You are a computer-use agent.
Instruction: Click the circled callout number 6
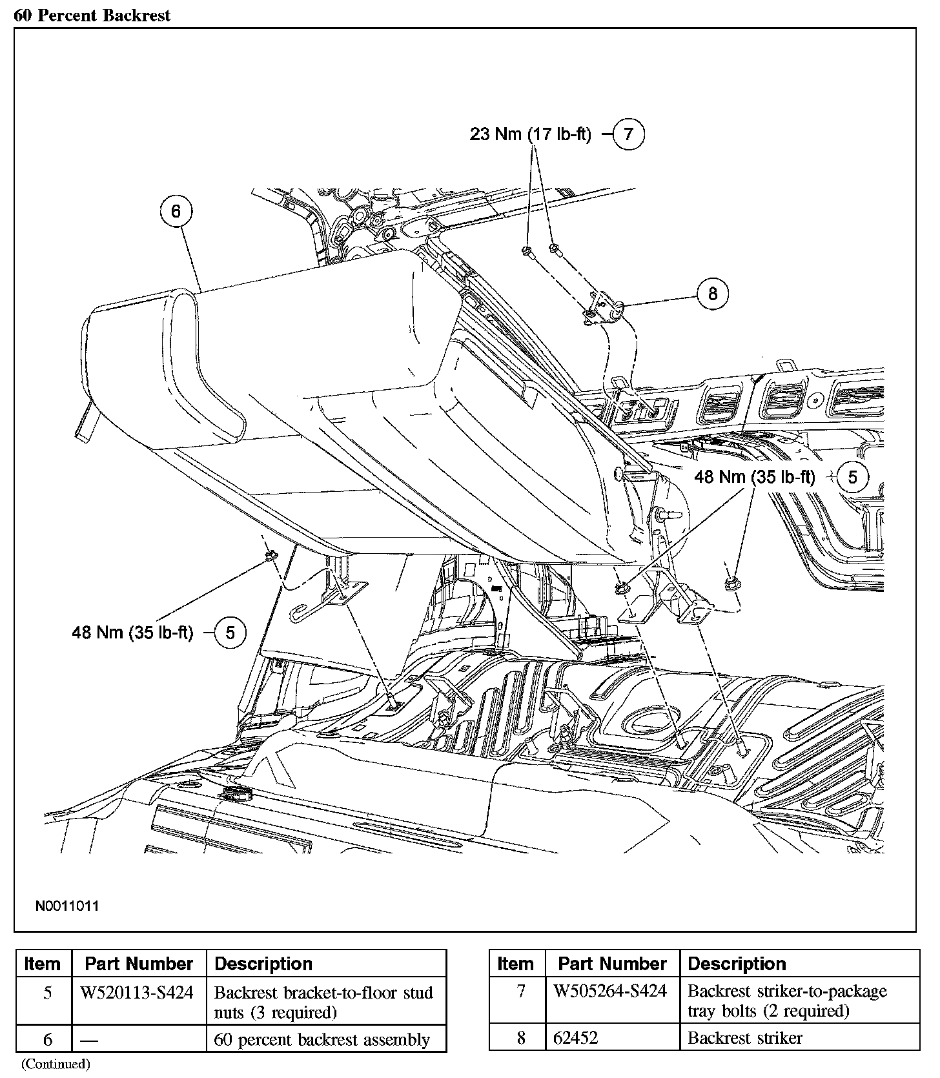click(176, 211)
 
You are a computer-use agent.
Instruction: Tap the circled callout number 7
click(628, 134)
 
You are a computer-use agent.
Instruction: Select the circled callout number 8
click(713, 294)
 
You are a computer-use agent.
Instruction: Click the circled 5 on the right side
click(853, 477)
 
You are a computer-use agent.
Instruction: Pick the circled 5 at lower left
click(230, 633)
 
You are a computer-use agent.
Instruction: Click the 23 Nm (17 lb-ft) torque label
click(530, 135)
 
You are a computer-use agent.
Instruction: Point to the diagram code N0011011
click(67, 906)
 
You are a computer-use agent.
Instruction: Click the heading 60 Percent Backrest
click(92, 15)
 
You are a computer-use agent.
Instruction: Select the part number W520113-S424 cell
click(137, 993)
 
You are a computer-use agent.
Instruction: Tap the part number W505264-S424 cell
click(611, 991)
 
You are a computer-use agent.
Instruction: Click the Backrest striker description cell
click(745, 1038)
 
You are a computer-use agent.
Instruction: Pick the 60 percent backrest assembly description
click(322, 1039)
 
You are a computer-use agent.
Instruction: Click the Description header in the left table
click(263, 964)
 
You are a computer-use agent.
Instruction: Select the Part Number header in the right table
click(612, 964)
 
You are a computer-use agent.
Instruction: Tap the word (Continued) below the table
click(56, 1063)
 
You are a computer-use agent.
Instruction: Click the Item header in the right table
click(515, 964)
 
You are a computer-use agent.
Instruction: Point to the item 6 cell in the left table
click(47, 1039)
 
